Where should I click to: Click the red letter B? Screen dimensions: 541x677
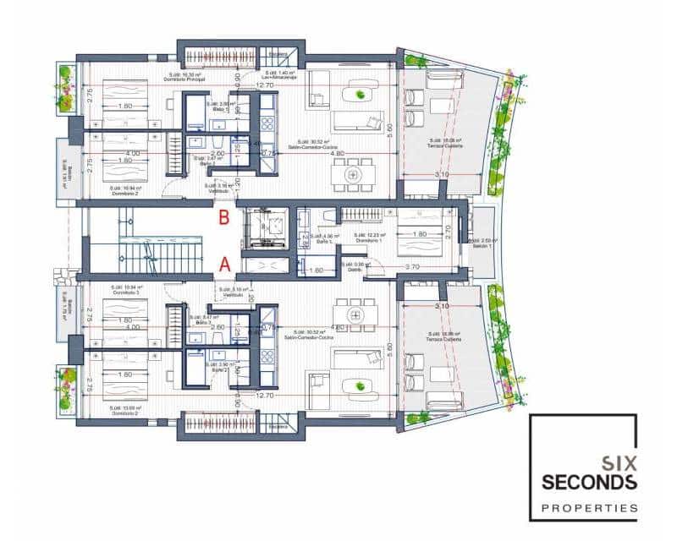coord(224,218)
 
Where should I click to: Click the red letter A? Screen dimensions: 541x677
coord(224,263)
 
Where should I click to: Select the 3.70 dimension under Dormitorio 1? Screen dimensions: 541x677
coord(412,266)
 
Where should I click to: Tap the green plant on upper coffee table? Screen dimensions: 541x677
coord(361,95)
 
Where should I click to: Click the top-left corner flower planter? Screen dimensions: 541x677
coord(65,87)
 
